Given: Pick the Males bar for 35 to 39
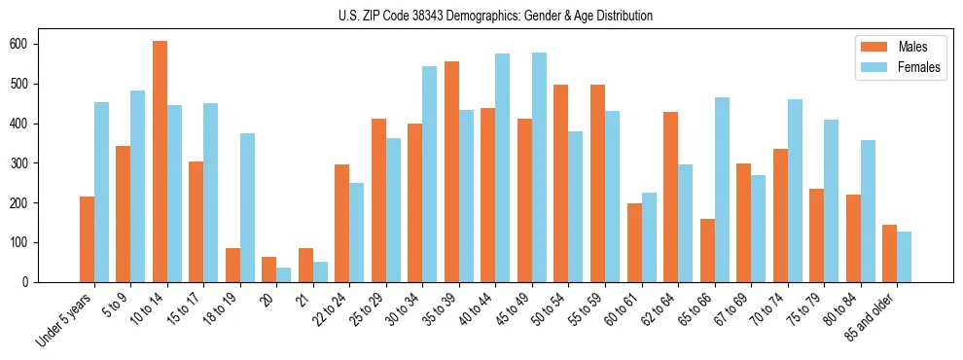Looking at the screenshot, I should coord(451,171).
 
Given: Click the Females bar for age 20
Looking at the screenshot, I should coord(284,274).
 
